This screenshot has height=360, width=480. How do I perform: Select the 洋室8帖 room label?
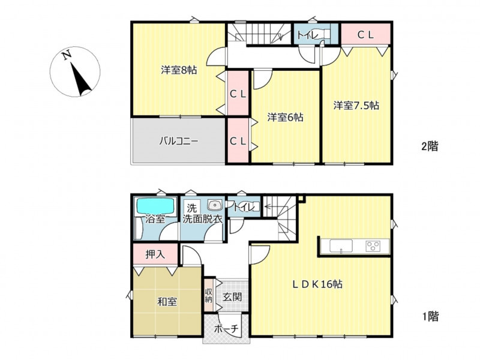(x=179, y=70)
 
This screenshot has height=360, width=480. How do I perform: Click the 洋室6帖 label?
(x=286, y=117)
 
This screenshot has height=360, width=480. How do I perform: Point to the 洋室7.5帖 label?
(x=356, y=106)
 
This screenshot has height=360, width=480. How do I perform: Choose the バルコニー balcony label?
(x=179, y=141)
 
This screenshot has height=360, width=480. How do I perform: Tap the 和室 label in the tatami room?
(x=167, y=302)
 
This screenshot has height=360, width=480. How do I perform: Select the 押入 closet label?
(x=155, y=254)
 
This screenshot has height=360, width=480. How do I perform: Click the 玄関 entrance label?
(x=232, y=296)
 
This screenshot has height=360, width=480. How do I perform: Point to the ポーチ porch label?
(x=226, y=329)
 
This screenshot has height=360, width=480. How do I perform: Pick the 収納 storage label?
(x=208, y=295)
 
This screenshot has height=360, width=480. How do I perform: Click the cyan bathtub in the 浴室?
(x=155, y=205)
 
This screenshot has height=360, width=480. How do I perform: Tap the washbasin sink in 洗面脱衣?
(x=215, y=205)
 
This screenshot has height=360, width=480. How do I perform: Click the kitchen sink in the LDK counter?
(x=341, y=246)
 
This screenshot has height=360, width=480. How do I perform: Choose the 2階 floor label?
(x=430, y=146)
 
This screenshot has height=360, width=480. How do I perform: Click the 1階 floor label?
(x=430, y=316)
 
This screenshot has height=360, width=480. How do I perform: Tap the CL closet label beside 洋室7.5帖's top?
(x=365, y=35)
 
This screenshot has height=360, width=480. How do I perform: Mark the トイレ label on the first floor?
(x=244, y=207)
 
